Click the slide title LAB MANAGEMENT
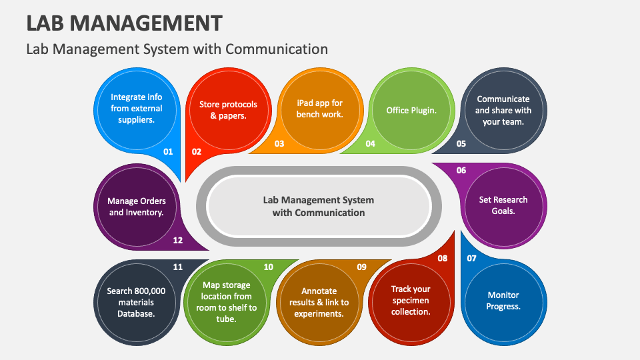(x=124, y=23)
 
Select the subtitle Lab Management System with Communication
(x=177, y=49)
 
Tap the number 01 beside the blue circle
(x=168, y=151)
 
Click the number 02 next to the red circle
(x=197, y=151)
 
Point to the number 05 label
(x=461, y=143)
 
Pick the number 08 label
(x=442, y=258)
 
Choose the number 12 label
(x=178, y=241)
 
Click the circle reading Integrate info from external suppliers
(x=137, y=109)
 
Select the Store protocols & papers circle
(x=228, y=110)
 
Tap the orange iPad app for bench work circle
(x=320, y=109)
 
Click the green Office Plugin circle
(x=411, y=110)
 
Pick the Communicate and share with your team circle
(x=503, y=111)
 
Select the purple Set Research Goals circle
(x=503, y=205)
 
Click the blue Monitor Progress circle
(x=503, y=301)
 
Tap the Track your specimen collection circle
(x=411, y=301)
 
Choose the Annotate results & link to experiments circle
(x=319, y=302)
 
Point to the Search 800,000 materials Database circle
(x=136, y=302)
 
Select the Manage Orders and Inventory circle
(x=137, y=207)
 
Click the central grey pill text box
(x=319, y=206)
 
